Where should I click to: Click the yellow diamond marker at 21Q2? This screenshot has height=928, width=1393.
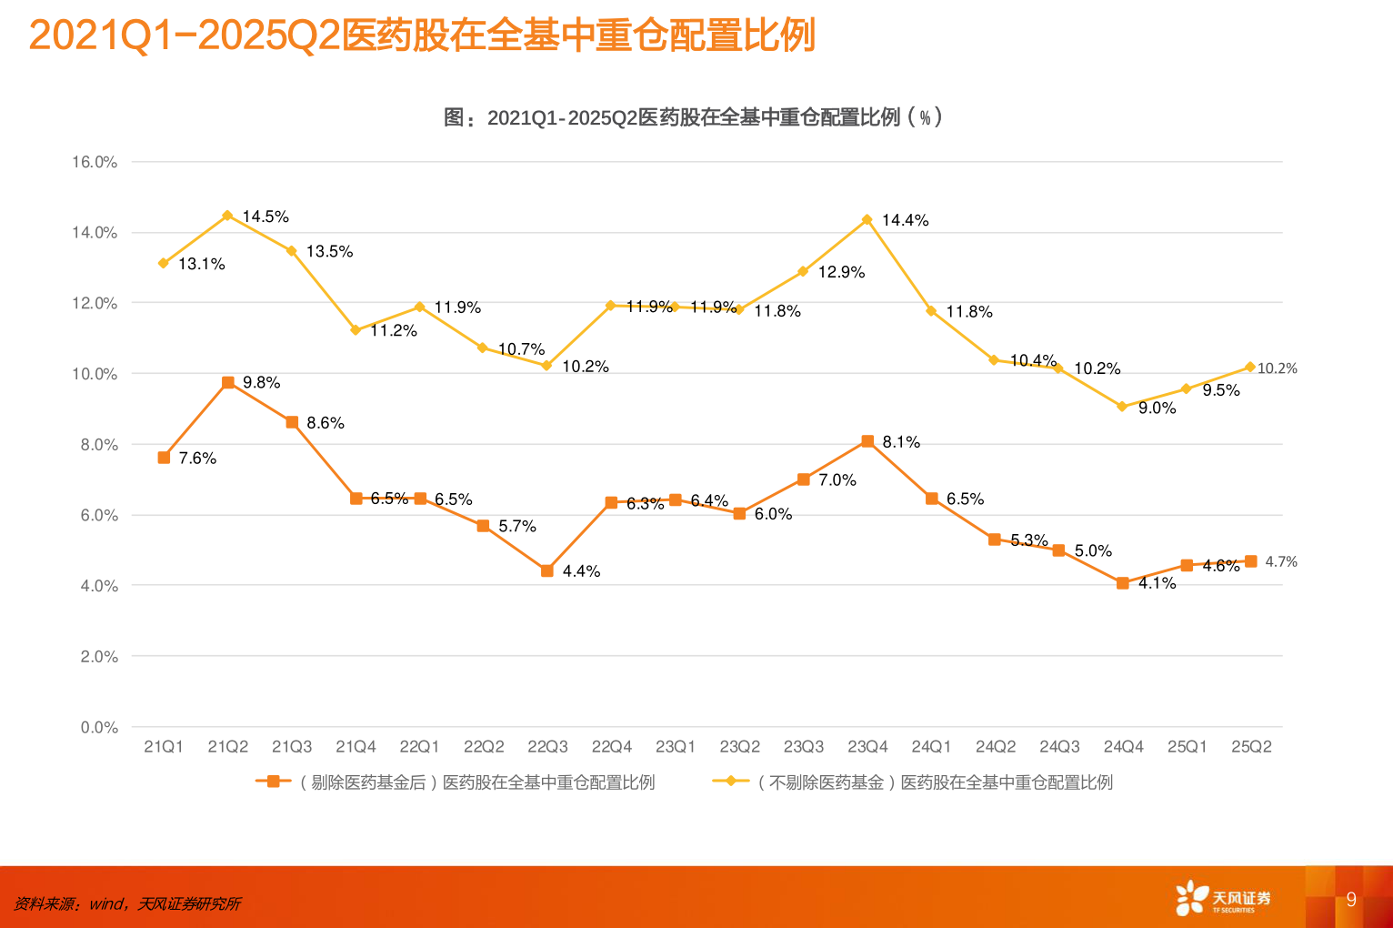pos(227,216)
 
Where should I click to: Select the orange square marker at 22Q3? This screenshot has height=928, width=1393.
pos(547,571)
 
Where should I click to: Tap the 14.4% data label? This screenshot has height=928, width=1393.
pos(905,220)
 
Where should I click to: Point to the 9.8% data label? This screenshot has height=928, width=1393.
pos(261,383)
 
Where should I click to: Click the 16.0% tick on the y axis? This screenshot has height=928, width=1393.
pos(95,162)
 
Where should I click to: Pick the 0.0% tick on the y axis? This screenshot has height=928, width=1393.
pos(99,727)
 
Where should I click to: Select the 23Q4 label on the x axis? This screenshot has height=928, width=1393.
pos(867,747)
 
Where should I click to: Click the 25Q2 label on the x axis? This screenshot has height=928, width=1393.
pos(1251,747)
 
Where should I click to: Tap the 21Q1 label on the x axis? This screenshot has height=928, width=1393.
pos(164,747)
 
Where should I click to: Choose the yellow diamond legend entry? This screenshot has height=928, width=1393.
pos(913,782)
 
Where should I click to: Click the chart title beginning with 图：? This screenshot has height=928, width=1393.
pos(693,117)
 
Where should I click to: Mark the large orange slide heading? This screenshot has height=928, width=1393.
pos(422,36)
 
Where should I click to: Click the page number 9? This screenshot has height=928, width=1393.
pos(1351,899)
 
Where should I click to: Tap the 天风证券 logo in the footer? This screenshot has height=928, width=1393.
pos(1223,898)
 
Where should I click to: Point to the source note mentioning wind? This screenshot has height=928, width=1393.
pos(127,903)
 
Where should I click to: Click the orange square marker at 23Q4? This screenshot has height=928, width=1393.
pos(867,441)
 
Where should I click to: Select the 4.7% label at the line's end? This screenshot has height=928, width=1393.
pos(1281,561)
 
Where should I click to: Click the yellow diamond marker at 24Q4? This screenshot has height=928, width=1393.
pos(1122,407)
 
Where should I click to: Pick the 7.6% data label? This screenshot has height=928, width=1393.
pos(197,459)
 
